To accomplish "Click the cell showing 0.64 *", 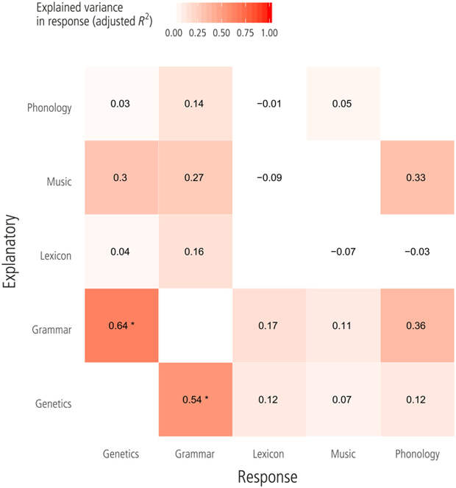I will (121, 326).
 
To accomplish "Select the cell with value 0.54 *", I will (195, 400).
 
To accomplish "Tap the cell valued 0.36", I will (417, 326).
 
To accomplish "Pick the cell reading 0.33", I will (417, 177).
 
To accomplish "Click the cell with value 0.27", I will (195, 177).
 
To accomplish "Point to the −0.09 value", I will (268, 177).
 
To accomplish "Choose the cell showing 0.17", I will (268, 326).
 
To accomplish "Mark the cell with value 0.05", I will (343, 104).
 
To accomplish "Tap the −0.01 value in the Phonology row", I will (268, 104).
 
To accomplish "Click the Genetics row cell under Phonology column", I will (417, 400).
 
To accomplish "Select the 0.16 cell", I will (195, 252).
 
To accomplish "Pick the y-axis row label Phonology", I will (49, 108).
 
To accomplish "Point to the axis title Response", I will (268, 477).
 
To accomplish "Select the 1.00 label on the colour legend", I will (271, 33).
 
